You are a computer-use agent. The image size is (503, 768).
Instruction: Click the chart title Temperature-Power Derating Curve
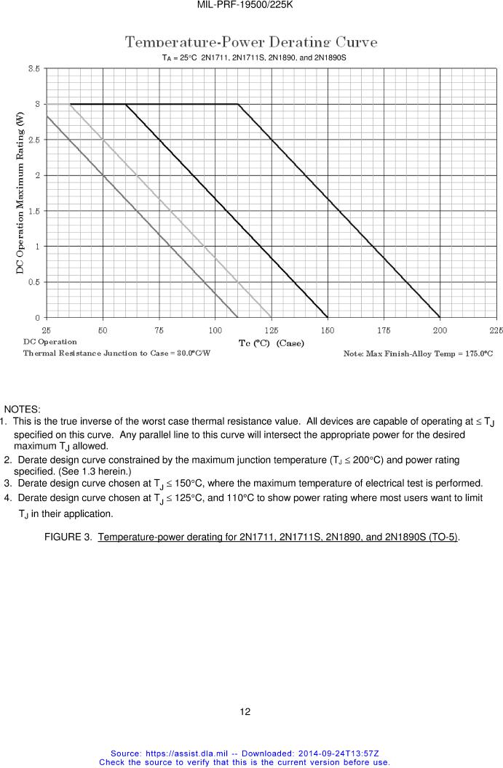251,42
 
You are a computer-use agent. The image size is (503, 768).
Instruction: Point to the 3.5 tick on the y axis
34,68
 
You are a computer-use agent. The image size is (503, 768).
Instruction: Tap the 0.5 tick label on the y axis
34,282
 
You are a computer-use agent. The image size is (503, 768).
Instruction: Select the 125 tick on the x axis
272,329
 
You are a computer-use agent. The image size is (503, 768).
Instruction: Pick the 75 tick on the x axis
159,329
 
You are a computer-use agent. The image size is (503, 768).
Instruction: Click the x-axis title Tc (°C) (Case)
272,343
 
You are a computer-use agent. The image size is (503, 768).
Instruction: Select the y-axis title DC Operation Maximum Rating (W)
20,193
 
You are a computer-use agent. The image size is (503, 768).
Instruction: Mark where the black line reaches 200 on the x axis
440,318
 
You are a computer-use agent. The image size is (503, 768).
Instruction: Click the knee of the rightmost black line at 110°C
238,104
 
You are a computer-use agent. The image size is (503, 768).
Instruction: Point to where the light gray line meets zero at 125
272,318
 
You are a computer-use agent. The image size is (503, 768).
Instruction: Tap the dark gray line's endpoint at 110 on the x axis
238,318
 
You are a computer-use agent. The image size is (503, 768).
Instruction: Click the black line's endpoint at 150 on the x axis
328,318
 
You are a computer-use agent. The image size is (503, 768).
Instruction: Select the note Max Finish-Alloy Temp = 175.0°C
418,353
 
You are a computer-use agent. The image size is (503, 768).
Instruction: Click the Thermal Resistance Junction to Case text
116,353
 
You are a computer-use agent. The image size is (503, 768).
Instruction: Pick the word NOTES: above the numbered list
23,410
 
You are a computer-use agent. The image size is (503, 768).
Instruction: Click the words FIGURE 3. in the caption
68,537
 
